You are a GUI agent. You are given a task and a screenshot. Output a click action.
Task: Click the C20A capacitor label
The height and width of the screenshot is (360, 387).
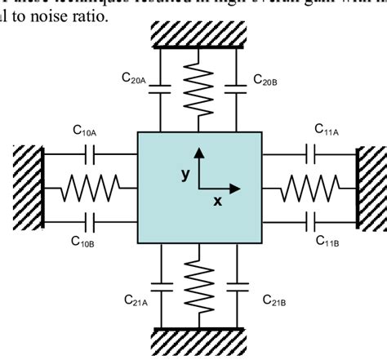tap(134, 79)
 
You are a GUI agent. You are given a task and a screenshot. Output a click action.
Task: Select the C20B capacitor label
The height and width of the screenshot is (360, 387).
tap(265, 79)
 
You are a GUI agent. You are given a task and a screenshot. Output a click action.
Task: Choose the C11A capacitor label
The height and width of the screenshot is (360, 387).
tap(328, 128)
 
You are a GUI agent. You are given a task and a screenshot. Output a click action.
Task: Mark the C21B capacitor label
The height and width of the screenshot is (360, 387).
tap(275, 301)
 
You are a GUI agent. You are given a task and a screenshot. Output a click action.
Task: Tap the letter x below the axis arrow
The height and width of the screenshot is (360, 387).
tap(218, 202)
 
